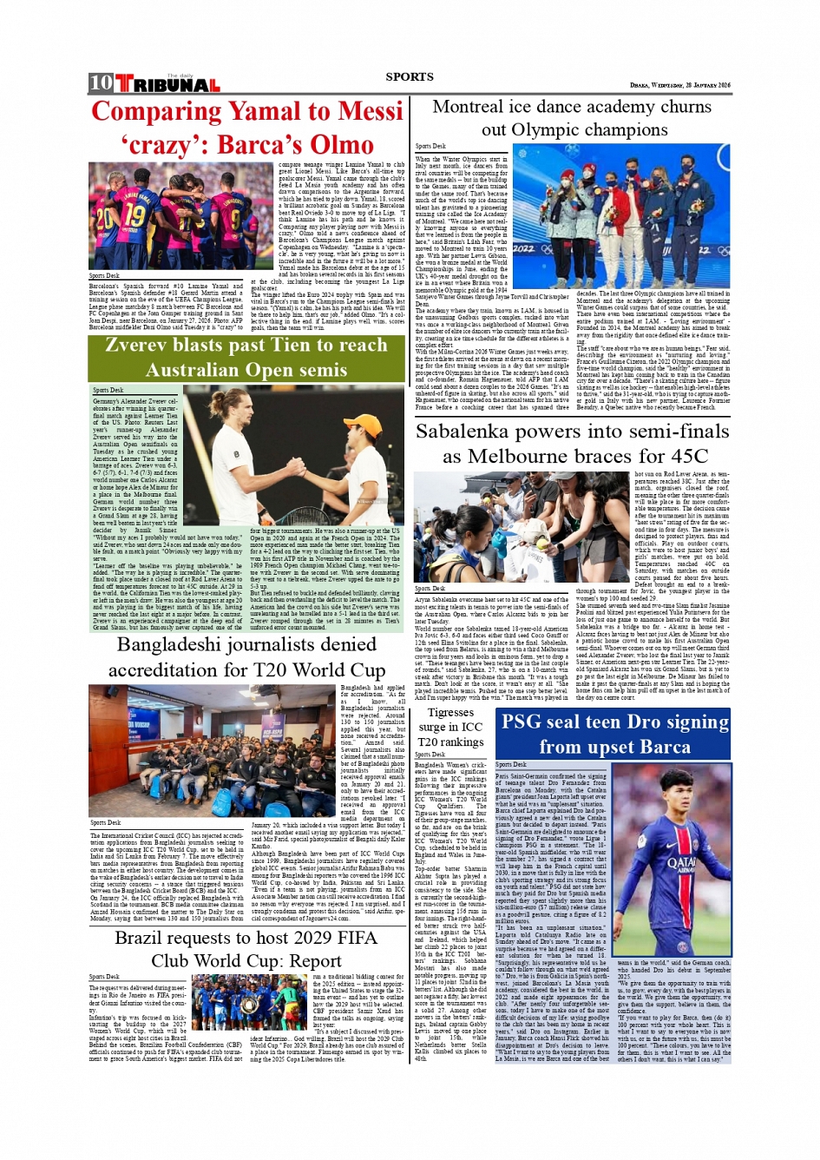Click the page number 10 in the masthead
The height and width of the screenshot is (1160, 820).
101,82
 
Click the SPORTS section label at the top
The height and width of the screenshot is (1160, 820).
410,76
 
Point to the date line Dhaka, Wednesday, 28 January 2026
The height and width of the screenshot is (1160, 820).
680,85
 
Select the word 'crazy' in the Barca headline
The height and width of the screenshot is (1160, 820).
161,145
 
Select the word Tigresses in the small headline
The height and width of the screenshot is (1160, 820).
450,712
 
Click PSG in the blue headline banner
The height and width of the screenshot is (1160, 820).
522,722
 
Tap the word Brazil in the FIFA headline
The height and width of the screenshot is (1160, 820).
139,938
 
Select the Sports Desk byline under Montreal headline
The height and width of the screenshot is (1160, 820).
430,147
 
